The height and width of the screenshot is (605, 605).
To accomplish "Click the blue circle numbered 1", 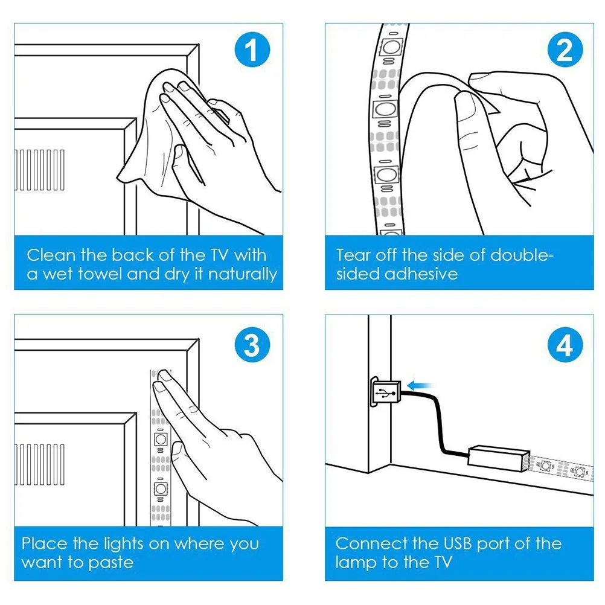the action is (252, 50).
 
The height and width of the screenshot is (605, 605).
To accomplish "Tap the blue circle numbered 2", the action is (565, 50).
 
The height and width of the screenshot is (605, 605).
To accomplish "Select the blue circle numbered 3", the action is (252, 345).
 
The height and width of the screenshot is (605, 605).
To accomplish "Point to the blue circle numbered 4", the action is (565, 345).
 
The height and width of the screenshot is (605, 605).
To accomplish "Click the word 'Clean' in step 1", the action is (51, 255).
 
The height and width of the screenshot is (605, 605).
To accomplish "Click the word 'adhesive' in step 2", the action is (421, 274).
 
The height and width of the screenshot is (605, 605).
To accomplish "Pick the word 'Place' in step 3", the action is (45, 543).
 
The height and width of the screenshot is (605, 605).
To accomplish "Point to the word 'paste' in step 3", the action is (110, 563).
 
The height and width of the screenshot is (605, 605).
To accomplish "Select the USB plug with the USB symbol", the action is (385, 392).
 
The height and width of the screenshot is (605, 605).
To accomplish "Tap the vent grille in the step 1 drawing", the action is (39, 170).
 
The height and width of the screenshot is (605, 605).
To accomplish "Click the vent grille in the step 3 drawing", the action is (39, 464).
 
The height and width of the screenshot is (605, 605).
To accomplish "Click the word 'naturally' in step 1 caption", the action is (243, 275).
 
